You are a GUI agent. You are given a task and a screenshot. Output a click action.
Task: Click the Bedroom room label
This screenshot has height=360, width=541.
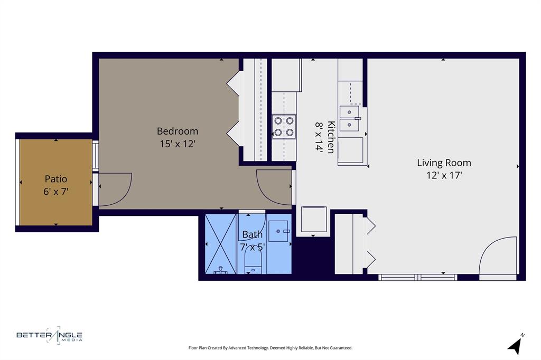coord(178,131)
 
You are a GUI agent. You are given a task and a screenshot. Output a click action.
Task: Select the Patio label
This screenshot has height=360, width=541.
coord(56,179)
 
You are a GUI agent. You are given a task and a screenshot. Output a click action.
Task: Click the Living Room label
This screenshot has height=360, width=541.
coord(444,163)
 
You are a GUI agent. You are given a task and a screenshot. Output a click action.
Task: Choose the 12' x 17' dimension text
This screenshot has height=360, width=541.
coord(444,175)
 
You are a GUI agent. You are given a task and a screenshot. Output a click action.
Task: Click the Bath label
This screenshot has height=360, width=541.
coord(252,234)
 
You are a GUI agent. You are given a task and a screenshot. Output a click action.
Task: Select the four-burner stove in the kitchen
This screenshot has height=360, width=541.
coord(284,127)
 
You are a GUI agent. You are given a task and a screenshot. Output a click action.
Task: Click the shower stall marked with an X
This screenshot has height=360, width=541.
coord(220,244)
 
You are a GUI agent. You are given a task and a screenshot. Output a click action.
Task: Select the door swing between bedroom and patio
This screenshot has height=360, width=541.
coord(114,189)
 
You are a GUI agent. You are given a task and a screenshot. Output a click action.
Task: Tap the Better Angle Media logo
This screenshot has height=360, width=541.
coord(50,335)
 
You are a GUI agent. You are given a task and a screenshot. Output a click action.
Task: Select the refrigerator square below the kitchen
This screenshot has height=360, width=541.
coord(313,219)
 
